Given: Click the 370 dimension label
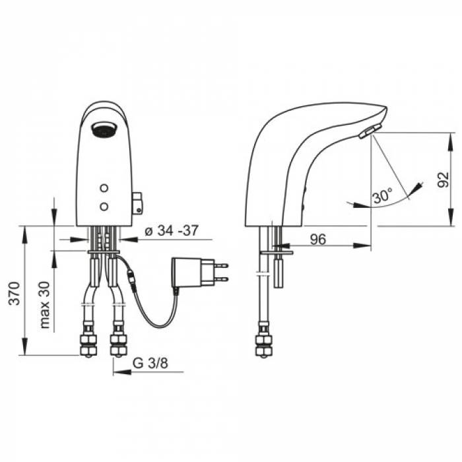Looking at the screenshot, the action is [14, 293].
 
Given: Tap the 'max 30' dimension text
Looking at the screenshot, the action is [45, 305].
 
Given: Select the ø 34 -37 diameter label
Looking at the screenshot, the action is [172, 230].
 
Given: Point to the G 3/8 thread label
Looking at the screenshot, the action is [150, 363].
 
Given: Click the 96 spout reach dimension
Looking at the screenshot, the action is [318, 239].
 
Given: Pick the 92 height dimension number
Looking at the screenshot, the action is [443, 179].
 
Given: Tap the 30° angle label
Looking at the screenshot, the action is [382, 195].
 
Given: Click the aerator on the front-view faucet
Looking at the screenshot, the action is [104, 129].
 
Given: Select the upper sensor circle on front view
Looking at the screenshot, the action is [104, 187].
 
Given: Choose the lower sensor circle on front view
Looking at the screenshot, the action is [104, 206].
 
